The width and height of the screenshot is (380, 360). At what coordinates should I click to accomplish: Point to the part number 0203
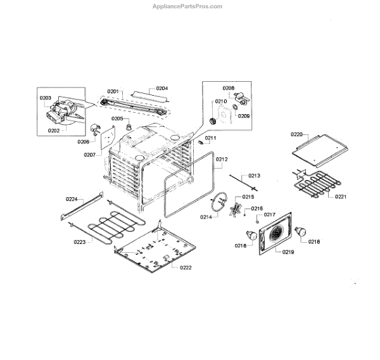[46, 98]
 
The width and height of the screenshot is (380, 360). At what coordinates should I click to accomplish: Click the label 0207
[89, 154]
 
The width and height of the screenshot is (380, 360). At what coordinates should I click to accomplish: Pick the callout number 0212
[222, 159]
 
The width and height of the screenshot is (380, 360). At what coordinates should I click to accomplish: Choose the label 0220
[298, 134]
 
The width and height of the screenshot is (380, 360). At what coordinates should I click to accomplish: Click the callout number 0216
[256, 209]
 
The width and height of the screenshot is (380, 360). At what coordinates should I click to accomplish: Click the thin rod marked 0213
[243, 183]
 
